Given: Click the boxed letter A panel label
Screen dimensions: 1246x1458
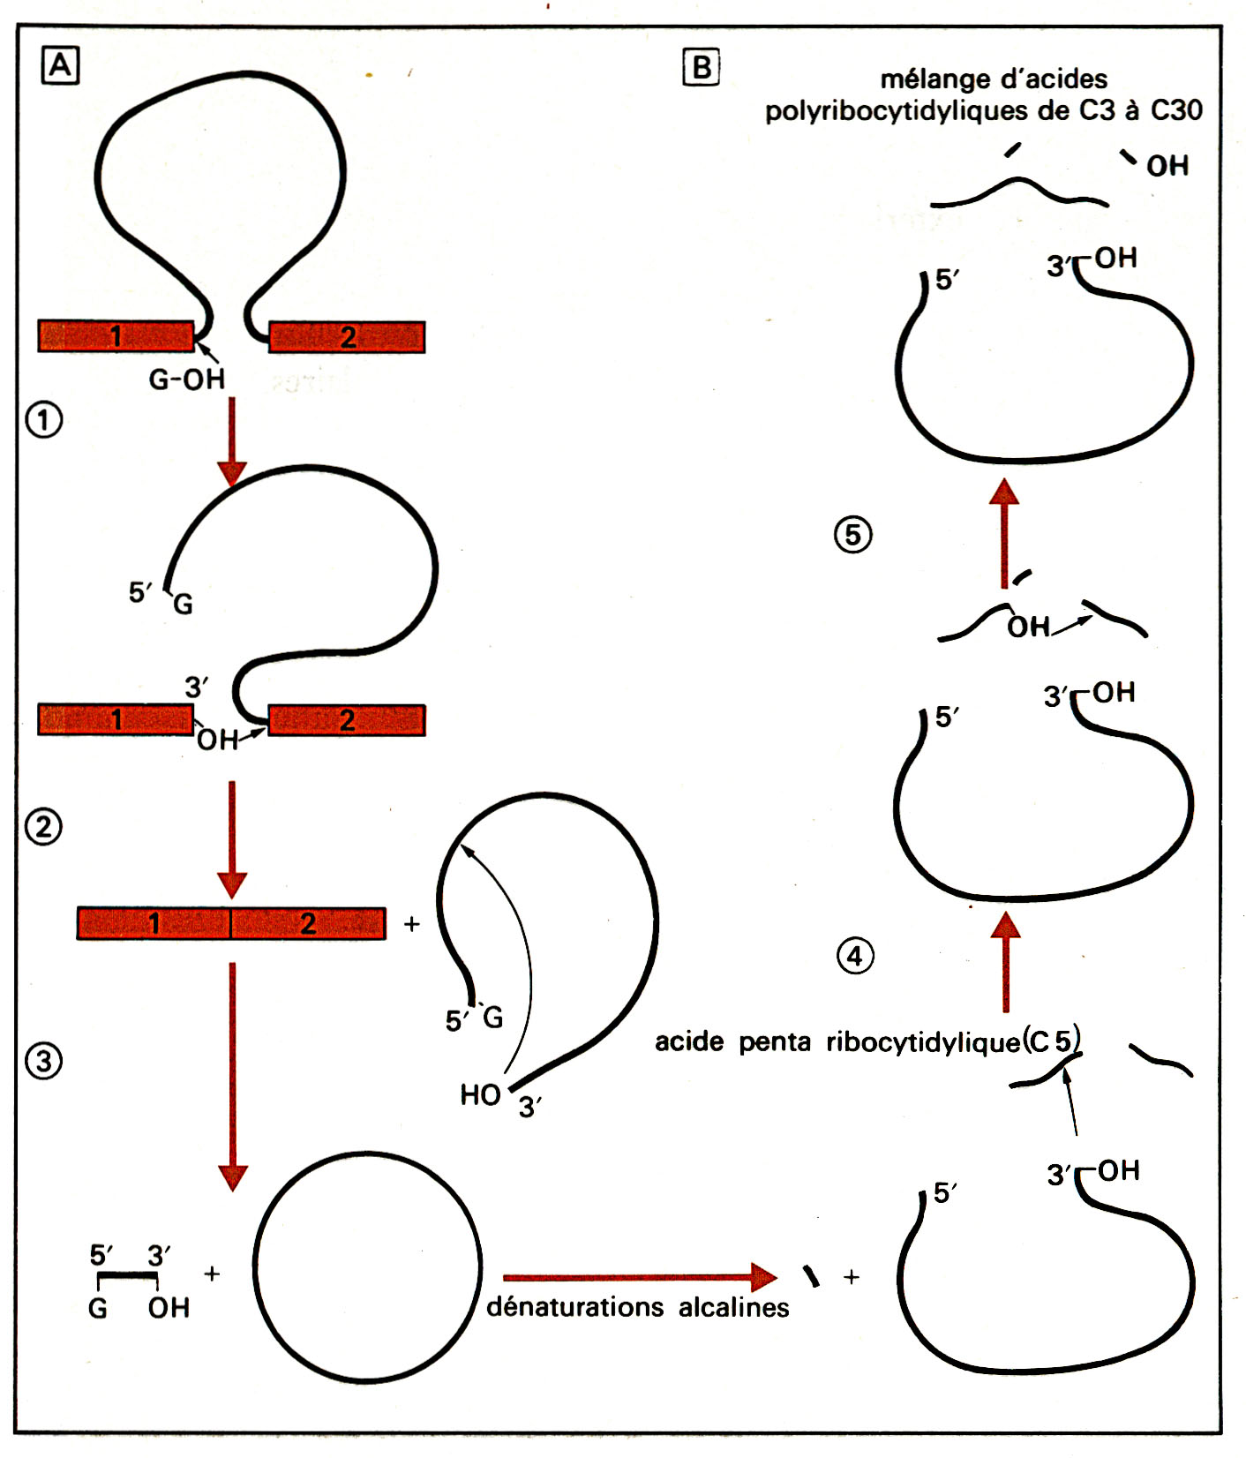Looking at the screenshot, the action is click(x=60, y=66).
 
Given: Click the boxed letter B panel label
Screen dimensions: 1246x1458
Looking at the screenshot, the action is click(x=702, y=67).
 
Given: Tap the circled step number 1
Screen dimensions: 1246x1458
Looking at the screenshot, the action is click(x=44, y=419).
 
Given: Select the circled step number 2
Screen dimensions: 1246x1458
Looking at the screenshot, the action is click(x=44, y=827).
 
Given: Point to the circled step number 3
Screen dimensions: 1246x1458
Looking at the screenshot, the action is click(x=44, y=1061).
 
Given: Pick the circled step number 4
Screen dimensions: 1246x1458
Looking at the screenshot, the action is click(x=854, y=956).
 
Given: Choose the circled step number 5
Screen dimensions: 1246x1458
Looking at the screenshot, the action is click(x=853, y=535).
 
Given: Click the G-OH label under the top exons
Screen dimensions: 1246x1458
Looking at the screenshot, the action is click(x=186, y=380).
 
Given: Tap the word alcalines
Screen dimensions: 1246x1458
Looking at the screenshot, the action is click(x=733, y=1306).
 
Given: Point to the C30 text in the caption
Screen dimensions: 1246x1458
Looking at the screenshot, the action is click(x=1176, y=110).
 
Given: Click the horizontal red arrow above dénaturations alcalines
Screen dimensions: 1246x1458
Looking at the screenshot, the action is click(x=640, y=1276).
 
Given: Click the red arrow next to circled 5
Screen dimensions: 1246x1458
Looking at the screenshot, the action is click(x=1004, y=533).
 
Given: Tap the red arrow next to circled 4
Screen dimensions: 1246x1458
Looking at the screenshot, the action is click(x=1005, y=962).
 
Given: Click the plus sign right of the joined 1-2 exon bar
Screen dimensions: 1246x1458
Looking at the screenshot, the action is click(x=411, y=924).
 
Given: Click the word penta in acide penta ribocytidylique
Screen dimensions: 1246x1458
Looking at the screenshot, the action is click(x=774, y=1042).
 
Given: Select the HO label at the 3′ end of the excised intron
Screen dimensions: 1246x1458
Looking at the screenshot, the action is click(x=480, y=1095).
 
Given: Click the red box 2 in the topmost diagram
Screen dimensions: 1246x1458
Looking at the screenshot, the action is click(x=347, y=337).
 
